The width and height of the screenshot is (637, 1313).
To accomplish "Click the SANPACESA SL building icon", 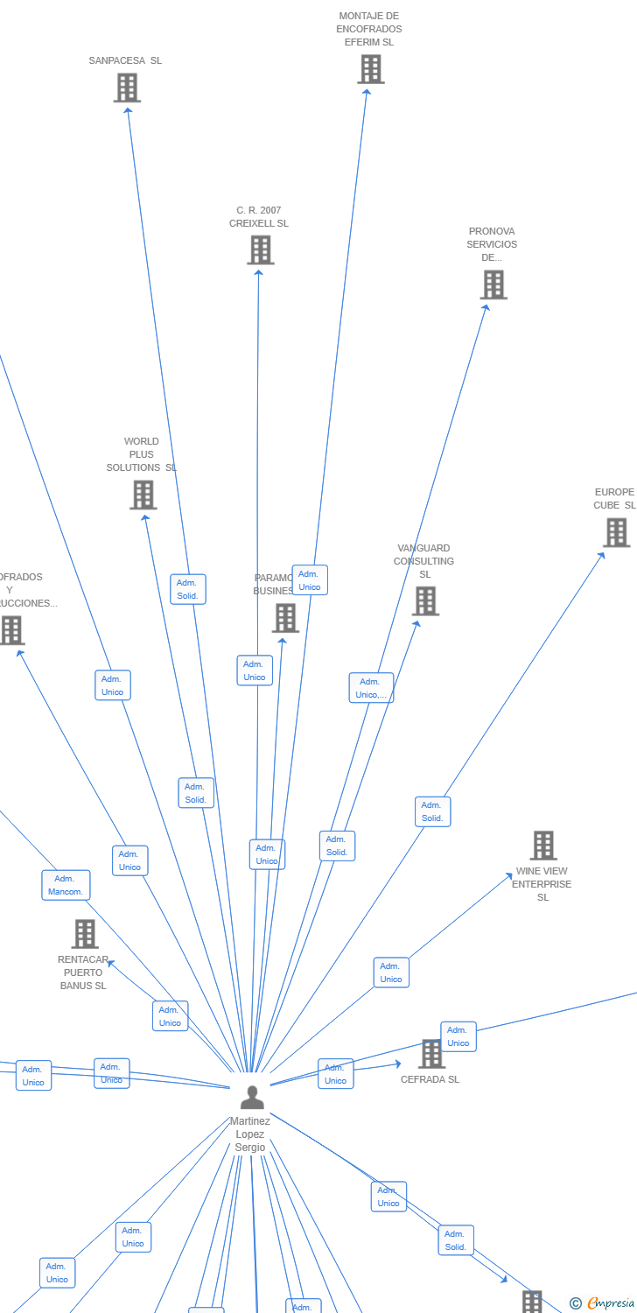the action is pos(127,88).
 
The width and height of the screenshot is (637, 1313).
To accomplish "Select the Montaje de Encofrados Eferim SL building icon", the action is pos(370,69).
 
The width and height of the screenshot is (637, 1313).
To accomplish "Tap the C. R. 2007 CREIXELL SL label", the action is pos(259,217).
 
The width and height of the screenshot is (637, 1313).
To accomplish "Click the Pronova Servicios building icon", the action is pos(493,284).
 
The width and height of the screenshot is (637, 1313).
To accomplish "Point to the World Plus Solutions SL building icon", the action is pos(143,495).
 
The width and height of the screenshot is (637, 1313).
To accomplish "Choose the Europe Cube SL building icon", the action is pos(616,532).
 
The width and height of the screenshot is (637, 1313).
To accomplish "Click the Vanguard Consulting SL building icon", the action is pos(425,601).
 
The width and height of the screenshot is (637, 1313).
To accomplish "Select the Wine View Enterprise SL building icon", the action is pos(543,846).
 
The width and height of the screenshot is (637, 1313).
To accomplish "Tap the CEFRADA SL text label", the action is pos(430,1080).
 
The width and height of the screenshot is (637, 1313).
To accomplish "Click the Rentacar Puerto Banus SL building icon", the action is pos(85,934).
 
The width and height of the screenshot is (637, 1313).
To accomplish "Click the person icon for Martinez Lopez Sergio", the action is pos(252,1097).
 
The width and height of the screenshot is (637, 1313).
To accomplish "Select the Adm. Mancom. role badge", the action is pos(66,885).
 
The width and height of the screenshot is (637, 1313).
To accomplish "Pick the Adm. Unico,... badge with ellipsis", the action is pos(371,688).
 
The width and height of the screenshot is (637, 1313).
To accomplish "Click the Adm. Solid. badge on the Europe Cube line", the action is pos(432,811).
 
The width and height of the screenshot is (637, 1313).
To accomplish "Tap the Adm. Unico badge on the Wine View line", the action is pos(391,972).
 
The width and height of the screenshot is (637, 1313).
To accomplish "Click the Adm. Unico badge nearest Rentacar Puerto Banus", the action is pos(171,1016).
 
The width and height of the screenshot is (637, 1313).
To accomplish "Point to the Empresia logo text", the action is pos(610,1303).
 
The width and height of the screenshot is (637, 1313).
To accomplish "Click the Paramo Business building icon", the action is pos(285,618).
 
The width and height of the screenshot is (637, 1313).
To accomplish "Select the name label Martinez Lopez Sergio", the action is pos(250,1134).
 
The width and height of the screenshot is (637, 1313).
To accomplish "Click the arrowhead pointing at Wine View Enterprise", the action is pos(509,874).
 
